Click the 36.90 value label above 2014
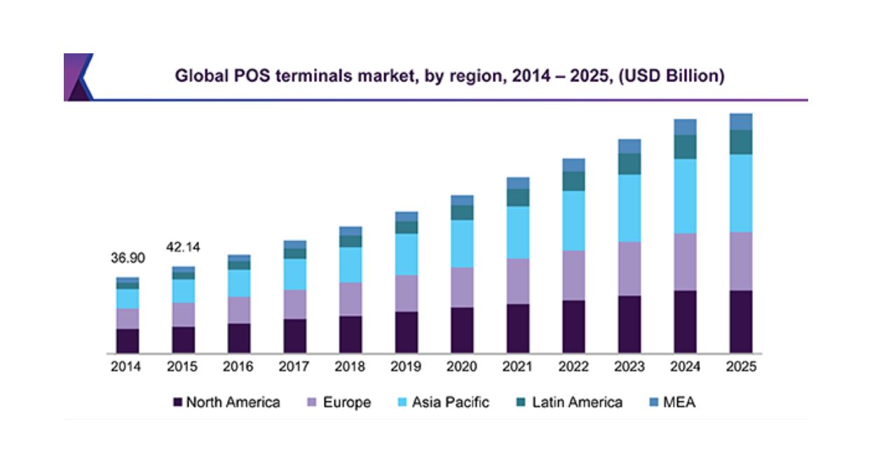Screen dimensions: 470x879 [128, 258]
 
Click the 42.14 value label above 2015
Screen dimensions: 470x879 [183, 247]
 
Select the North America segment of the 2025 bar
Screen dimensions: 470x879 [741, 321]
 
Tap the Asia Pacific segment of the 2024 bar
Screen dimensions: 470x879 [685, 196]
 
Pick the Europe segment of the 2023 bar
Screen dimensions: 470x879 [629, 269]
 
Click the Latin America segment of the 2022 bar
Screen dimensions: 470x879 [573, 181]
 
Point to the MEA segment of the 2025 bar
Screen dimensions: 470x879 [741, 122]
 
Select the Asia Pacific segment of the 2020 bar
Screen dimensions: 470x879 [462, 243]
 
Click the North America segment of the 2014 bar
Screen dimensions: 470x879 [128, 340]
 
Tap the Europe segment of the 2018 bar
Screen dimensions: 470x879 [350, 299]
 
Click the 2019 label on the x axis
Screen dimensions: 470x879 [406, 368]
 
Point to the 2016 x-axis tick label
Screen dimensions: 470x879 [239, 368]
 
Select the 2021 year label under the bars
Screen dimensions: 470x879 [517, 368]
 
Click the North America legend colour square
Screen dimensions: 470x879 [178, 403]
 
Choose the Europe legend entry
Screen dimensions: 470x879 [340, 403]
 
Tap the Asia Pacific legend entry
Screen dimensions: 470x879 [442, 403]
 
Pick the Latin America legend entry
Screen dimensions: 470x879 [568, 403]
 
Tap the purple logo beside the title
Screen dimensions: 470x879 [77, 76]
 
